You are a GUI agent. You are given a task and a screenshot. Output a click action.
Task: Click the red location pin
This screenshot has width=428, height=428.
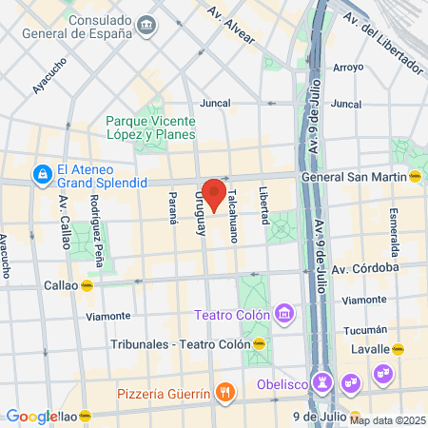(213, 193)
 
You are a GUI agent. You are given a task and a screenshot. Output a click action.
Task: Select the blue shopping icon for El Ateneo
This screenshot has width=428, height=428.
(42, 174)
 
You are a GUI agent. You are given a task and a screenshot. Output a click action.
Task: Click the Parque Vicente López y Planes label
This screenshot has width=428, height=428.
(150, 127)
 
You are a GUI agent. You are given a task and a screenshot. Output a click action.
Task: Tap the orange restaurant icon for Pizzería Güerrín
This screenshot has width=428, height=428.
(224, 391)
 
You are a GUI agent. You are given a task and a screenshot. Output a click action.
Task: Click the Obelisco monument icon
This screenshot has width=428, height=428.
(322, 384)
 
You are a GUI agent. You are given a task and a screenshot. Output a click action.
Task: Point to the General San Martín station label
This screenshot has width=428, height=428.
(354, 176)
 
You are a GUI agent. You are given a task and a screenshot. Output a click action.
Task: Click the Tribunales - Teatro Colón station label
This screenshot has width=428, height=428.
(181, 343)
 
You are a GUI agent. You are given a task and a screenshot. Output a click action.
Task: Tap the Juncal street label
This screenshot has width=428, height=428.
(215, 104)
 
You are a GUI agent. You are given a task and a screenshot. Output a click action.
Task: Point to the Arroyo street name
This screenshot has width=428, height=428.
(348, 68)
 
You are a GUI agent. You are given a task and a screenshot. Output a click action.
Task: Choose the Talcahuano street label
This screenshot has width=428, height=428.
(230, 220)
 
